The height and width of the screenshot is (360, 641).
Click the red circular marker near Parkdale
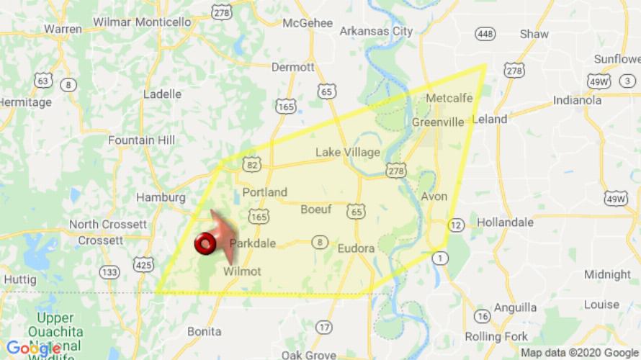tap(205, 244)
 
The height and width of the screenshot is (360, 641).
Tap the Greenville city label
tap(438, 122)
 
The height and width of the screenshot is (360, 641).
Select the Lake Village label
tap(347, 153)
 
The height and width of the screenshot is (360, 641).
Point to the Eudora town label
tap(356, 248)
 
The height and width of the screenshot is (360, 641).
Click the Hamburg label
tap(161, 198)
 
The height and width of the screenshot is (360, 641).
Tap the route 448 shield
tap(484, 34)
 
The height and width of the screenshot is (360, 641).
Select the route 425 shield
tap(144, 266)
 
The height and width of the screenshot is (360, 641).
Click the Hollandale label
tap(505, 222)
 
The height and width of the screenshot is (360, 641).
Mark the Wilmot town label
tap(242, 271)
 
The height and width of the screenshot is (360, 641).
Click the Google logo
tap(33, 348)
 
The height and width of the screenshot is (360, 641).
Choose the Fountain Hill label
tap(140, 140)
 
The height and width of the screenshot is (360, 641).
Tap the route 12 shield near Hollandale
tap(454, 225)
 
